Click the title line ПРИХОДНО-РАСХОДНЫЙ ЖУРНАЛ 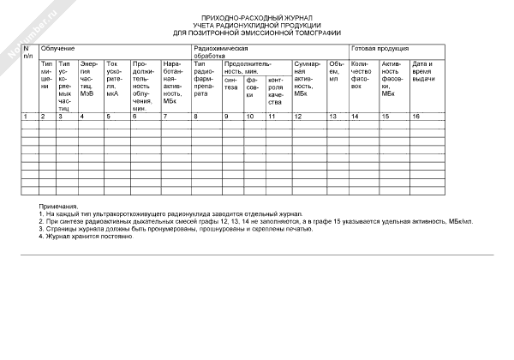257,18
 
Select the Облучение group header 58,49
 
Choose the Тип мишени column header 47,75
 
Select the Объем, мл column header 336,71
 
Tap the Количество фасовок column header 362,75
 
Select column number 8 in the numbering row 196,116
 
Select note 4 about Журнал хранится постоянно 86,236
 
